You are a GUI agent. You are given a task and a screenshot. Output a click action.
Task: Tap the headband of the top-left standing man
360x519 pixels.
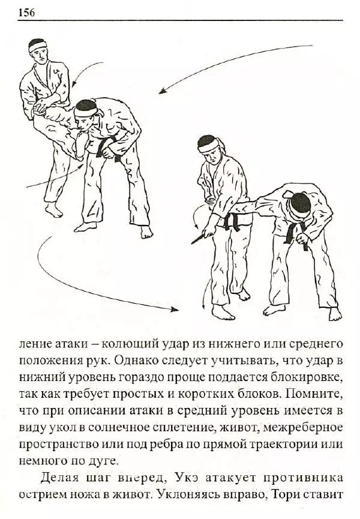point(38,44)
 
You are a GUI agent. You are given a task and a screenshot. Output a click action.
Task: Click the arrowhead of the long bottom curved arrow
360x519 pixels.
point(178,310)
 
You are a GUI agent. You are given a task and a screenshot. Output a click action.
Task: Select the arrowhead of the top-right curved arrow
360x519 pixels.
point(162,92)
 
